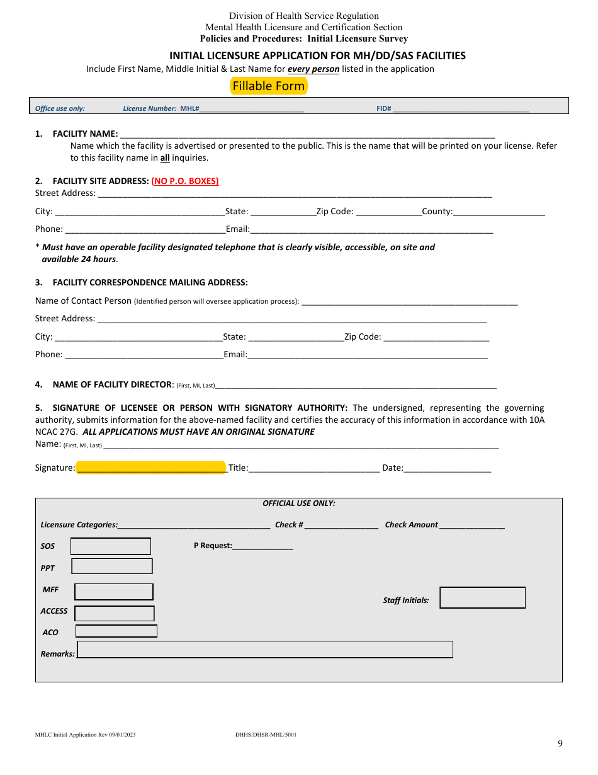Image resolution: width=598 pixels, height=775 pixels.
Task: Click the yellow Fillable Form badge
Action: tap(269, 86)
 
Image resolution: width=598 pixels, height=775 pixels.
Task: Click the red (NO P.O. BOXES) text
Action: tap(185, 181)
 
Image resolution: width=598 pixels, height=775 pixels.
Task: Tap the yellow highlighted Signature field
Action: tap(150, 468)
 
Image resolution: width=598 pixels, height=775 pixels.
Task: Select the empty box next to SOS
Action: tap(111, 546)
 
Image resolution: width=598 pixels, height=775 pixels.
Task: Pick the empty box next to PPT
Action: tap(112, 566)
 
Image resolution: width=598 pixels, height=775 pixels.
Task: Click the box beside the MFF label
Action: tap(114, 592)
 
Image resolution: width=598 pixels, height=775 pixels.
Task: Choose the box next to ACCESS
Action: tap(115, 613)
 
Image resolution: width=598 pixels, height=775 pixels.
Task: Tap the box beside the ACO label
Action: tap(116, 631)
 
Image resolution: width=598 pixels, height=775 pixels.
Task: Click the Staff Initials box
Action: tap(482, 598)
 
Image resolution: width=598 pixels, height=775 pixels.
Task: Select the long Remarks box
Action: tap(265, 650)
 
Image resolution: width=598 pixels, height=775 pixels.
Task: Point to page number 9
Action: tap(560, 743)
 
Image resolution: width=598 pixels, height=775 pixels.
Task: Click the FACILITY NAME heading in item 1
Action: tap(85, 134)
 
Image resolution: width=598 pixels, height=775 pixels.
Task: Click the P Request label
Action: tap(213, 546)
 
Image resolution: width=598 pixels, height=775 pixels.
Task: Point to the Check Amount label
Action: tap(411, 525)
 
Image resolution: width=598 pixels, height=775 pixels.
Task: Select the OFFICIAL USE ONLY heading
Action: tap(299, 503)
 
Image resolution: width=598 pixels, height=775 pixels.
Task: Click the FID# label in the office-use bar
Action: tap(384, 108)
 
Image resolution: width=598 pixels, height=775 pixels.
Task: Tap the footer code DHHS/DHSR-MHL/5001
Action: tap(266, 735)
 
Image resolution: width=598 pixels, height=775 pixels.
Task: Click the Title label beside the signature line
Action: tap(238, 468)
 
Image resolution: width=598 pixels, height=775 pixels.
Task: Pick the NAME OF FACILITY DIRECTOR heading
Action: tap(112, 384)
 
